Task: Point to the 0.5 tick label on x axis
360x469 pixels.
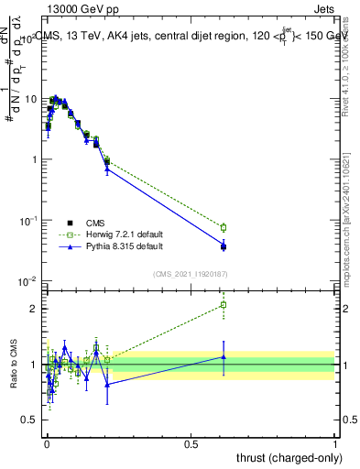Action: [x=191, y=442]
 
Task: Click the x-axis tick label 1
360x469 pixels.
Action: [x=335, y=442]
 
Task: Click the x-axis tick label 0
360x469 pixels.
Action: [x=47, y=442]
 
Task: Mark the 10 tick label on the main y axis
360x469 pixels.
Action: [x=31, y=99]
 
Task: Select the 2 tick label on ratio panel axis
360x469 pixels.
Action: [x=36, y=308]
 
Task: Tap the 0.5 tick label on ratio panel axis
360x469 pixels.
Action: [x=31, y=420]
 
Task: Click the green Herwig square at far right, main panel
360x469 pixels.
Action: [x=223, y=227]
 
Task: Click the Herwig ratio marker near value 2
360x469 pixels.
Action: [x=223, y=305]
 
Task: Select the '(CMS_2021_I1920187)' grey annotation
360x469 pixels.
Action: [x=190, y=273]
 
